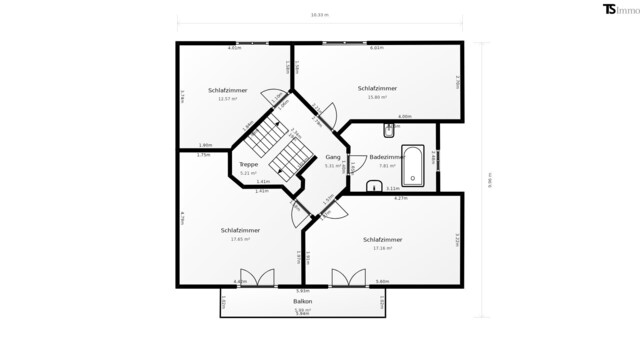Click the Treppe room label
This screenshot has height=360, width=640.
[x=248, y=164]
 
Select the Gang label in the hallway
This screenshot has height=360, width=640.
[x=332, y=157]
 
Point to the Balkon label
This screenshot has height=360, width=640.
[x=303, y=301]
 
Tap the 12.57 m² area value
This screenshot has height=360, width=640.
[x=227, y=99]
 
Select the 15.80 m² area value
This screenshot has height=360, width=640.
[x=377, y=97]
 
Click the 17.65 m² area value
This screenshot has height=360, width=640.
[x=240, y=239]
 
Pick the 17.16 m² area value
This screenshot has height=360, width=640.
[x=383, y=248]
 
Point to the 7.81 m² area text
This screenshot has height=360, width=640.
[x=388, y=166]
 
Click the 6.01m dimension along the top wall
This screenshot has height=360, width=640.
[x=377, y=48]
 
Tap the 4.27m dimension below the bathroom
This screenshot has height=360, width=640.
[x=400, y=198]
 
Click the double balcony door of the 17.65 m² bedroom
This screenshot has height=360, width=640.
[x=257, y=278]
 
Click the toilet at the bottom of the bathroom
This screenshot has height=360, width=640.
[x=373, y=184]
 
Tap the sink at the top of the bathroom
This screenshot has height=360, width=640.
[x=389, y=129]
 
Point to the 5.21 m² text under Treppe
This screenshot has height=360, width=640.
[x=248, y=173]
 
